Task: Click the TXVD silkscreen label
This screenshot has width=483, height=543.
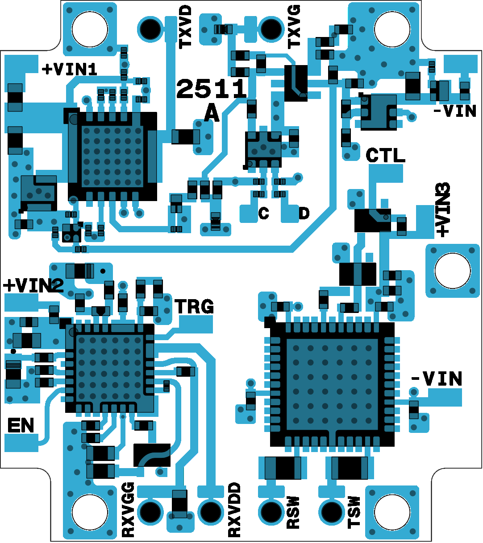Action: (x=185, y=27)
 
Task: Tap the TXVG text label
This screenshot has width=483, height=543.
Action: (x=294, y=27)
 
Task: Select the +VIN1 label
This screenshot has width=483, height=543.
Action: (x=70, y=70)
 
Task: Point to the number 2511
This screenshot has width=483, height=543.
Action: (x=211, y=89)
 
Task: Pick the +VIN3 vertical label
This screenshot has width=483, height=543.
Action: (x=443, y=210)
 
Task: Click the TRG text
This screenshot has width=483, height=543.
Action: (x=194, y=306)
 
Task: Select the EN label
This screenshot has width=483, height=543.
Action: (x=21, y=426)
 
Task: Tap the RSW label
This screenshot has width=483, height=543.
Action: (x=293, y=512)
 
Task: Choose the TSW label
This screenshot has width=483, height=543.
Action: (x=354, y=512)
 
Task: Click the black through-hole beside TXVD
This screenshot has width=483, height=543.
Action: (x=150, y=29)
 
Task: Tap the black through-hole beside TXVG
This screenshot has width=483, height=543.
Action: (x=271, y=29)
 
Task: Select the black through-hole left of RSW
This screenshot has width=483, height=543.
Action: (x=271, y=512)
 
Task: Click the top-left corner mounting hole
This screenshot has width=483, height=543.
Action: (x=90, y=29)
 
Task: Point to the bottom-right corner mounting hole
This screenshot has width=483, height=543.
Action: (x=392, y=512)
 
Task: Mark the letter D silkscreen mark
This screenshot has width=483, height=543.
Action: (x=304, y=214)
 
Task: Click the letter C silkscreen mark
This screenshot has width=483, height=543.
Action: (x=263, y=214)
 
